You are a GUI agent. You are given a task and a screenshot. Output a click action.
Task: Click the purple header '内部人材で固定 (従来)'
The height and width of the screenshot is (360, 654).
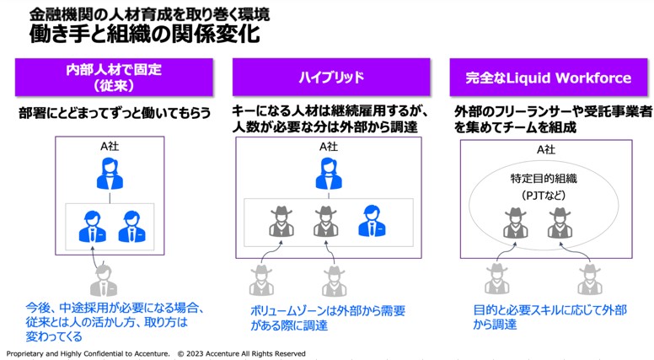click(x=113, y=77)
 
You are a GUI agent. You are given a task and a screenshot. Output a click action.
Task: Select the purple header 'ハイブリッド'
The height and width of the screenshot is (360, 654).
click(x=331, y=78)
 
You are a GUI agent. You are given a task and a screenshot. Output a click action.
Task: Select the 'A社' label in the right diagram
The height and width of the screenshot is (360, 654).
click(x=546, y=149)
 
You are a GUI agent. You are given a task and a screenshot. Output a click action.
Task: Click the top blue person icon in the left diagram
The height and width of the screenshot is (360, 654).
click(x=110, y=175)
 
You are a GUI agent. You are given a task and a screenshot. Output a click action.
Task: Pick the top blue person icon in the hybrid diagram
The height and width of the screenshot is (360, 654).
click(x=329, y=175)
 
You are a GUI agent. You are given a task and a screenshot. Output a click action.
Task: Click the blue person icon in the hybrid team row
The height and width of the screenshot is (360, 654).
click(x=372, y=220)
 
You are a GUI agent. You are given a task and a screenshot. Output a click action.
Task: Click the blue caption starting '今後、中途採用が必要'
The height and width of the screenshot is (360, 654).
click(x=115, y=323)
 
